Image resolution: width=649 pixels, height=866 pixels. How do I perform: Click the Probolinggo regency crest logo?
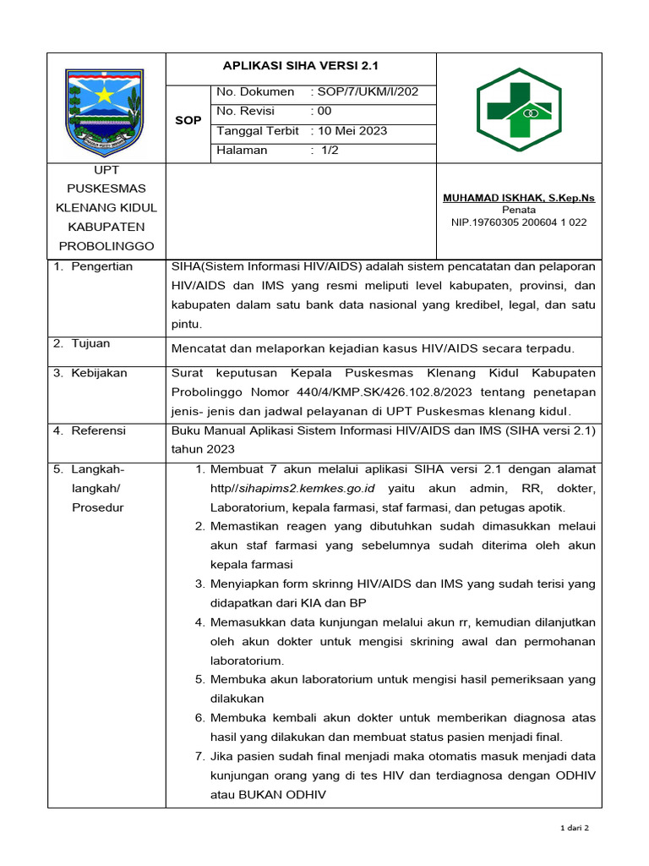coord(106,107)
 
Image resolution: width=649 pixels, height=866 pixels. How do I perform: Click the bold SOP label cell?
coord(188,121)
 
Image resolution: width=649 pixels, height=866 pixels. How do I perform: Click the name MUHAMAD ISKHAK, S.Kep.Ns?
coord(519,198)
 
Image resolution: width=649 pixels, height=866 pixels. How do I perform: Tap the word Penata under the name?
coord(518,210)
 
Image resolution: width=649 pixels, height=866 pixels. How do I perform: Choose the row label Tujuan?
coord(91,344)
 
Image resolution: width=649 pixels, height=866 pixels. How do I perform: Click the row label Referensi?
coord(98,431)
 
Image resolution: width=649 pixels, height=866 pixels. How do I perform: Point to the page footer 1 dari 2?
coord(575,829)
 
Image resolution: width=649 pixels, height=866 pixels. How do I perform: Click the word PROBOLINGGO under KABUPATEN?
coord(106,246)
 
